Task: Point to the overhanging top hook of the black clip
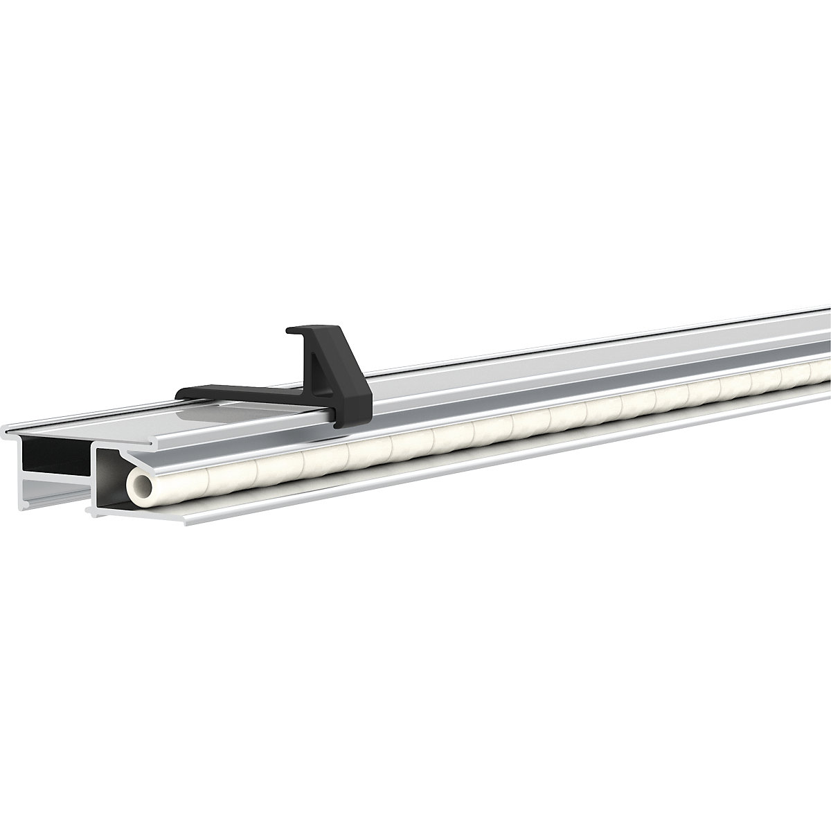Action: pos(305,330)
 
